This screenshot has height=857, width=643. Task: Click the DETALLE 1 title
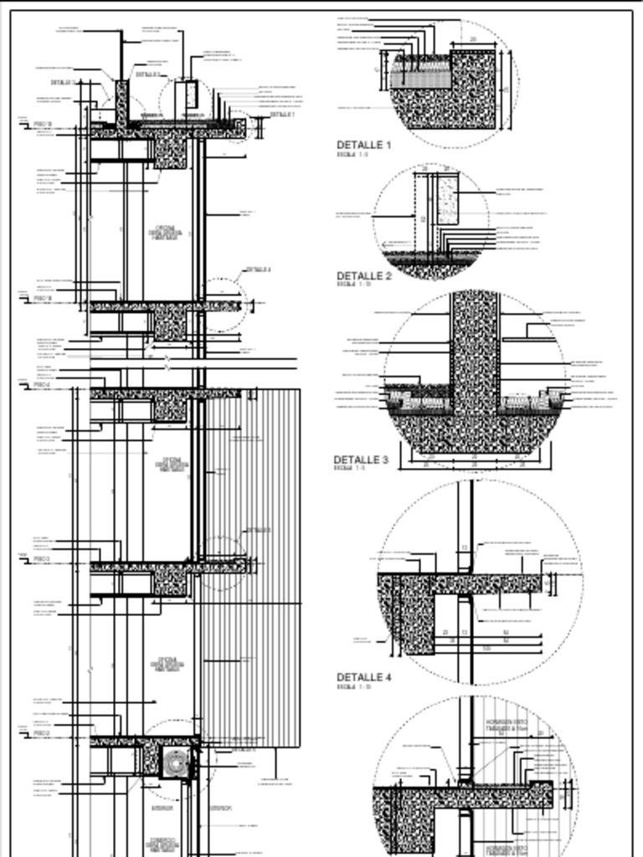coord(363,146)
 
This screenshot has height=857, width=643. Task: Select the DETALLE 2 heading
coord(363,276)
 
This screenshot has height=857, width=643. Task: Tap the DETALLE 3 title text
coord(361,460)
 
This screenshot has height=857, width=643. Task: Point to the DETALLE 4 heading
coord(363,677)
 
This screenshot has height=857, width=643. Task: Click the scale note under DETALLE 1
coord(352,155)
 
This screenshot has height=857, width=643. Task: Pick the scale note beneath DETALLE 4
coord(352,687)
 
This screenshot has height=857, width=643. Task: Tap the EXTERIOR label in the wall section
coord(221,808)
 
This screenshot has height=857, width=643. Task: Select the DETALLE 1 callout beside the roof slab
coord(281,115)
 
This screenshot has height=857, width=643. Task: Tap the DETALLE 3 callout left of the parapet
coord(64,82)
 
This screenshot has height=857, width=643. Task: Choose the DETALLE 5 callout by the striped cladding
coord(257,531)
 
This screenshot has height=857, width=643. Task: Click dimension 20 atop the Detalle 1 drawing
coord(472,39)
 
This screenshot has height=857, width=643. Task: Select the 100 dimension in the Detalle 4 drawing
coord(487,648)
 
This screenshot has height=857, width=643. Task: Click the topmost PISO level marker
coord(43,125)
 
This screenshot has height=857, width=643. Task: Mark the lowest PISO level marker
coord(43,733)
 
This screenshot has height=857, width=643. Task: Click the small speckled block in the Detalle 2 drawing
coord(447,199)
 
